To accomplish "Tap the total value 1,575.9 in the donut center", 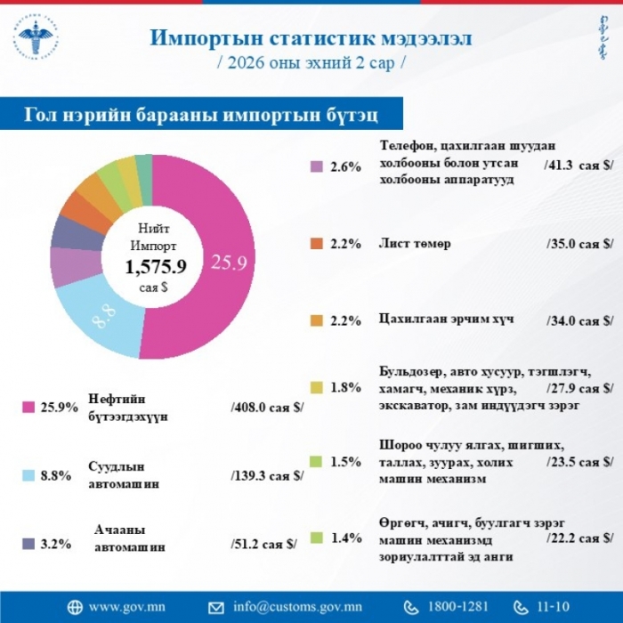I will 155,266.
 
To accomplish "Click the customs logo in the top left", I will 37,39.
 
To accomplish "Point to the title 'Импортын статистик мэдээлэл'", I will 311,38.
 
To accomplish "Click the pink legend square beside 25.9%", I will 28,407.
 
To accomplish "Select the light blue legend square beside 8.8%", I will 28,475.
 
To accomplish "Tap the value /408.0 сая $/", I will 266,407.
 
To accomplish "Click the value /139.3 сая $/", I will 266,475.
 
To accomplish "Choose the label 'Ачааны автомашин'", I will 130,538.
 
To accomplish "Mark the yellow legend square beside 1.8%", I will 315,388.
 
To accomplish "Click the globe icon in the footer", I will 74,607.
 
